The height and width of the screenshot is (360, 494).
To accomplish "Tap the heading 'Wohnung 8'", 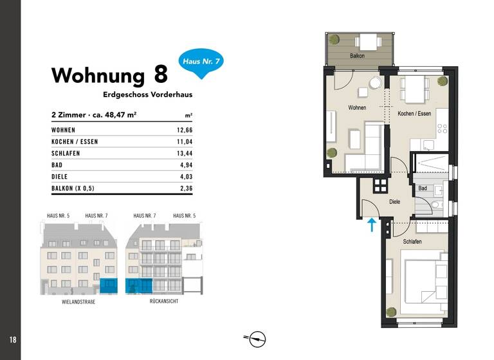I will (109, 75).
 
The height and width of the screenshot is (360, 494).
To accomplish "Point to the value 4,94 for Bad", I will (185, 165).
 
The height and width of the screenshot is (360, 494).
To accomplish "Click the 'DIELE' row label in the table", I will (60, 177).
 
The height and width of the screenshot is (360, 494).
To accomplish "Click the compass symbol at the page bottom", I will (257, 338).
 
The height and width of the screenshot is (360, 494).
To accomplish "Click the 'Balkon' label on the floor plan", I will (358, 57).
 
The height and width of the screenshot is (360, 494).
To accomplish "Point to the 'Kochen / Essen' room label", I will (414, 114).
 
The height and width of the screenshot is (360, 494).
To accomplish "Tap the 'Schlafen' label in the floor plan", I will (412, 241).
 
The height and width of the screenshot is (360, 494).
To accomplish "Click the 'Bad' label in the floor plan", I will (423, 188).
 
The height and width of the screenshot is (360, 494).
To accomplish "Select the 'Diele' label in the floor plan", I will (394, 202).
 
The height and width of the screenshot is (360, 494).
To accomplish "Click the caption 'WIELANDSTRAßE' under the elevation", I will (78, 301).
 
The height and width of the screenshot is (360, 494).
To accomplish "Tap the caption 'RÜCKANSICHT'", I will (164, 301).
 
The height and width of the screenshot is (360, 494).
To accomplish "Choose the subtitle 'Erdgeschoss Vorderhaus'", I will (147, 94).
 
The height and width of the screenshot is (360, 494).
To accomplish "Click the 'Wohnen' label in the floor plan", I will (357, 107).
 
